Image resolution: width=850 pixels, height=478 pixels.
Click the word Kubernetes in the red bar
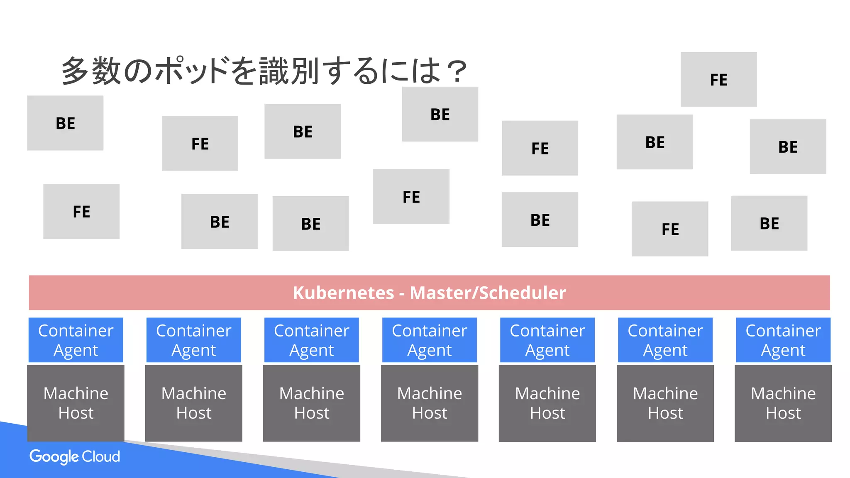point(343,293)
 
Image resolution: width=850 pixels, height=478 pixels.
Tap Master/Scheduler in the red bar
point(488,293)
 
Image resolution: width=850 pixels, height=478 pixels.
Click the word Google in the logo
point(54,456)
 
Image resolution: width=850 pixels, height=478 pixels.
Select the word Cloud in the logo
point(100,456)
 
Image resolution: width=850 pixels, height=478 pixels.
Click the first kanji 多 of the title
point(75,71)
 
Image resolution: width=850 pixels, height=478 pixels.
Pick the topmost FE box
point(718,80)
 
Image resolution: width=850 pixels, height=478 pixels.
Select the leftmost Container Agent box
point(76,340)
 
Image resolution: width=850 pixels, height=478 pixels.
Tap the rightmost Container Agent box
point(783,340)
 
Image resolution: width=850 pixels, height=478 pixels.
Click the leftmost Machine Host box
point(76,403)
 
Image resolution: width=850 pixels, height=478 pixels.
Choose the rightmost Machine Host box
point(783,403)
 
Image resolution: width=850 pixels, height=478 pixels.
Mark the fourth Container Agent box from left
point(430,340)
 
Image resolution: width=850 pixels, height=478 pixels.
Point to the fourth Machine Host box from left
point(430,403)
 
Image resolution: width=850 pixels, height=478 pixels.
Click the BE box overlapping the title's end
point(440,115)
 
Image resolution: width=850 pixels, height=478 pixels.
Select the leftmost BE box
point(65,123)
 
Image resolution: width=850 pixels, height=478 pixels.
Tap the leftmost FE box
point(81,212)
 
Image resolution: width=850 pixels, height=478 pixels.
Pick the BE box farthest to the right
point(788,147)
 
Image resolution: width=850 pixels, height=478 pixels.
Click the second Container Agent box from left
point(194,340)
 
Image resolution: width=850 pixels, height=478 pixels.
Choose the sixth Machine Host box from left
point(665,403)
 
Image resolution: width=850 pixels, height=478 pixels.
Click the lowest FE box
point(670,229)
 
